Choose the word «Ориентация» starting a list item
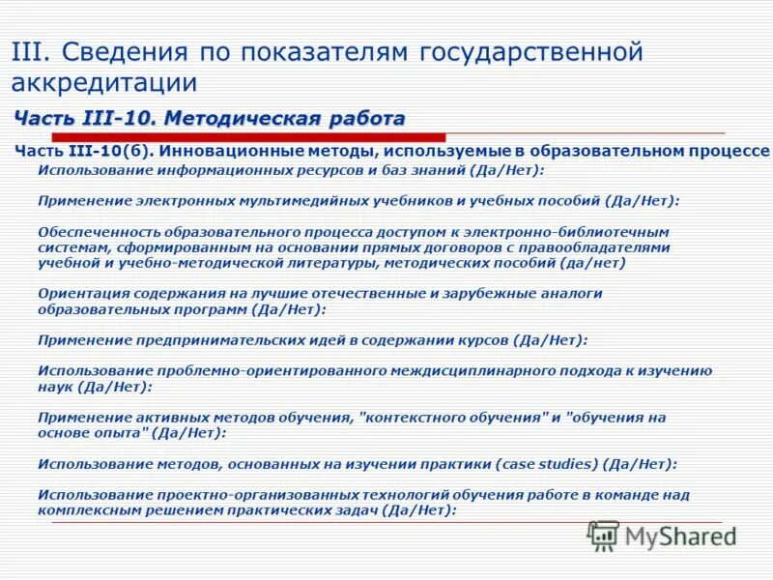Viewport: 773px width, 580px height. click(80, 293)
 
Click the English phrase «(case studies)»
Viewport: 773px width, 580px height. click(547, 464)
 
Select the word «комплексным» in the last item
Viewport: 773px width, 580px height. click(82, 509)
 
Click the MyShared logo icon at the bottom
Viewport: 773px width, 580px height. click(603, 535)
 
